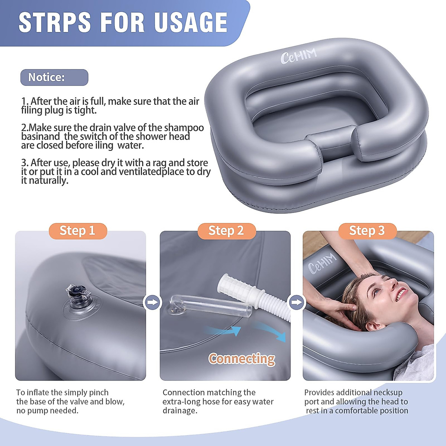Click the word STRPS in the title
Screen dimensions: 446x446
click(55, 22)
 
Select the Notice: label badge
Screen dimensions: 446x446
click(54, 77)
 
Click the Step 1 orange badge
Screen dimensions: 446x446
click(78, 231)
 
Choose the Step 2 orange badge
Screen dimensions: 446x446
click(226, 231)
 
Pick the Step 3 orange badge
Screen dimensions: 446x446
click(367, 231)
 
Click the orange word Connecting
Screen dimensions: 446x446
click(242, 359)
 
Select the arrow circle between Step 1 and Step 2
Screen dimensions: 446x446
click(152, 302)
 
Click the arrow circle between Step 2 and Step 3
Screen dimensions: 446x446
click(296, 302)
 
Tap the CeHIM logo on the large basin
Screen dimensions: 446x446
click(298, 56)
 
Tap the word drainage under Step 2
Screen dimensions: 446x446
click(180, 411)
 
